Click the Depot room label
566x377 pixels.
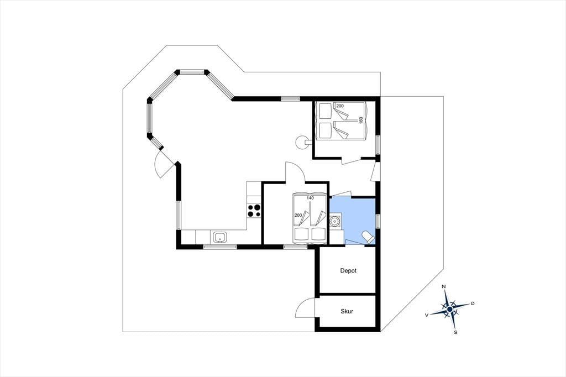(348, 270)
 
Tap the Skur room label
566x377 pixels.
(347, 311)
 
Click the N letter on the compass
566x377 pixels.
(444, 287)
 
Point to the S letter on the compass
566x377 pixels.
(455, 332)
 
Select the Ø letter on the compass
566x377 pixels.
(473, 303)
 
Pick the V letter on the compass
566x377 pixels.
(427, 315)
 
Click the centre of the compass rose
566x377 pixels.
(449, 310)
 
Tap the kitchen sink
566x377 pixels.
(220, 237)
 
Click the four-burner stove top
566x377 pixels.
(254, 211)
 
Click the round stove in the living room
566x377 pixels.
(301, 142)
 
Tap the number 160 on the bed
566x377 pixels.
(360, 121)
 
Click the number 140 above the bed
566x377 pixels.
(310, 198)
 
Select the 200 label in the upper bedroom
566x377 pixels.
(340, 106)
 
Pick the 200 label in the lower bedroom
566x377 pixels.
(298, 215)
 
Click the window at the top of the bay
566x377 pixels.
(192, 72)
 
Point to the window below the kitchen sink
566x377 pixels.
(220, 247)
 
